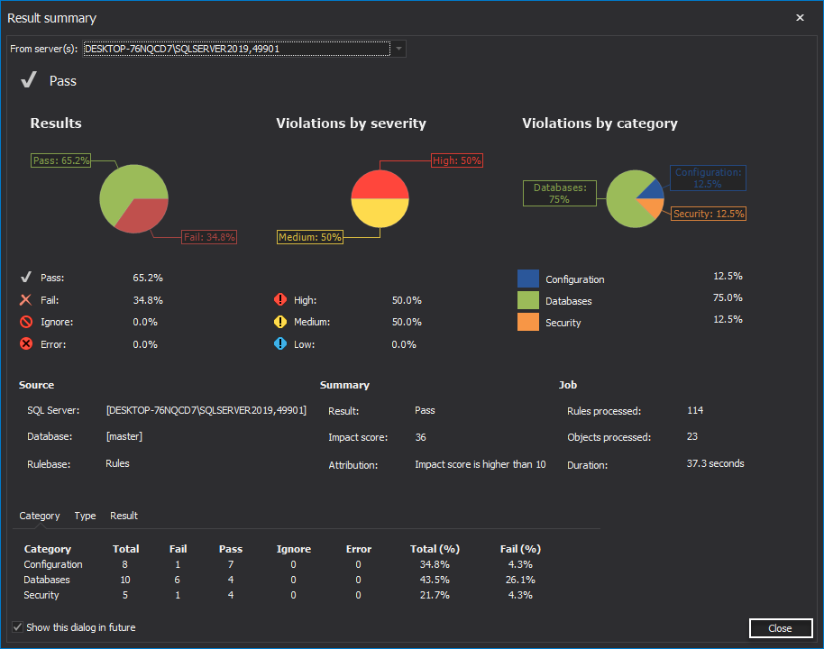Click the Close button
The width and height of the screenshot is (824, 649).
pos(780,628)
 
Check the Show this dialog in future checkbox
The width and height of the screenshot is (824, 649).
pos(17,627)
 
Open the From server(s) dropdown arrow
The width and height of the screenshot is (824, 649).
pos(398,49)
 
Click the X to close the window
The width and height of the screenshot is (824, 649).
pos(800,17)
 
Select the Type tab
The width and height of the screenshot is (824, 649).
pos(85,516)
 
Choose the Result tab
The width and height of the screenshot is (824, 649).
pos(124,516)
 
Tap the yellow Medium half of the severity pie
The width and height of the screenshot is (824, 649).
pos(380,214)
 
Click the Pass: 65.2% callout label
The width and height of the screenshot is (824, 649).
pos(61,160)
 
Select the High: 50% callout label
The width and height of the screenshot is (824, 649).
pos(457,160)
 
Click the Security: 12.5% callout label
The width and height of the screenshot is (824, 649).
pos(709,214)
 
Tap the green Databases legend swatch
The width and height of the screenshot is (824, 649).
pos(528,300)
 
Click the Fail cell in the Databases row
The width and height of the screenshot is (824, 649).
pos(178,580)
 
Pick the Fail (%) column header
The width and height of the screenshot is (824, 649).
pos(520,549)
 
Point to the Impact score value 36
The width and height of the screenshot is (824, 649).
pos(420,437)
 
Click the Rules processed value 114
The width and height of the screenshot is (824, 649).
pos(694,410)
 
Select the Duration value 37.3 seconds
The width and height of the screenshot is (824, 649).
pos(715,464)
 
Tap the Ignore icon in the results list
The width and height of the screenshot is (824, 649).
pos(26,322)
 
